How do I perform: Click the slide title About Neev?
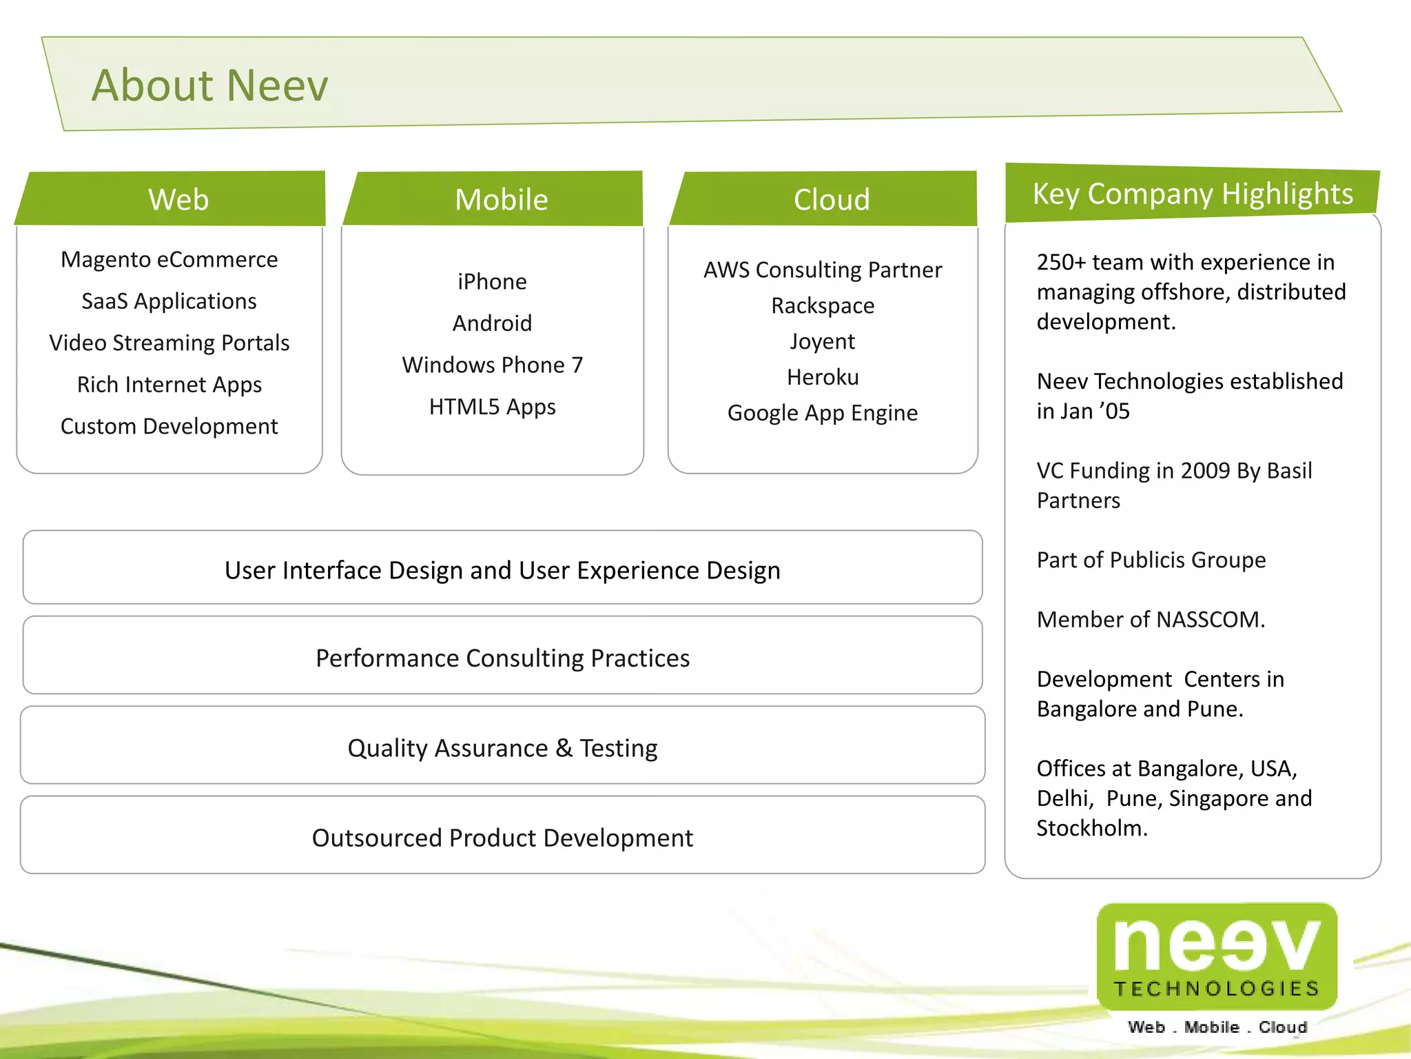(210, 85)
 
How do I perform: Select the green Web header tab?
(178, 199)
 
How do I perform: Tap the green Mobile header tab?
(502, 199)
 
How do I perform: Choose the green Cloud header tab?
(832, 199)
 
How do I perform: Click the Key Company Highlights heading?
(1193, 194)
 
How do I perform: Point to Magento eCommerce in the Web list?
(169, 260)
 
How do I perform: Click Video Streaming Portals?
(169, 343)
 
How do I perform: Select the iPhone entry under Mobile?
(492, 282)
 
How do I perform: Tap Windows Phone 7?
(492, 365)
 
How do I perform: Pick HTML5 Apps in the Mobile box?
(492, 407)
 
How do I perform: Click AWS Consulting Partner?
(823, 270)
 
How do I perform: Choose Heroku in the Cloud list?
(823, 377)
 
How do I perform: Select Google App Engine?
(823, 413)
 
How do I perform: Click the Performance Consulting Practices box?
(502, 658)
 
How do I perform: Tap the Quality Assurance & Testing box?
(502, 747)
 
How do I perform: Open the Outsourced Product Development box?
(502, 838)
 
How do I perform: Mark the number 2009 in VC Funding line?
(1205, 471)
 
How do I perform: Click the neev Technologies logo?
(1217, 958)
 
